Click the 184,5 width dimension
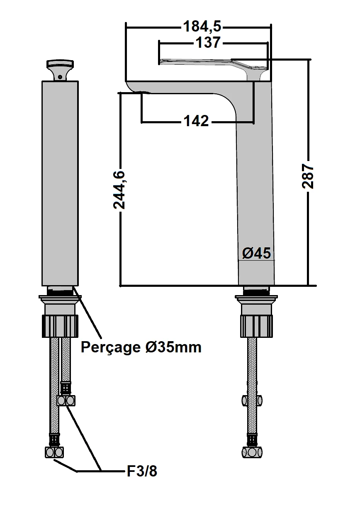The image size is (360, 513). (202, 27)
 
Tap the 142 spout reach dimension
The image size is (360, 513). (196, 121)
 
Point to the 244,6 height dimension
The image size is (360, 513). (120, 189)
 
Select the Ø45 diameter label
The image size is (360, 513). (256, 253)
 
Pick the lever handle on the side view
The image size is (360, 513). (212, 62)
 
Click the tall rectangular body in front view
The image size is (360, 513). (60, 183)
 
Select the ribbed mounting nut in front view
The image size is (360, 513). (60, 325)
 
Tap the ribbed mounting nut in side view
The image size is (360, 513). (257, 325)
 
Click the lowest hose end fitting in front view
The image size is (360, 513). (54, 452)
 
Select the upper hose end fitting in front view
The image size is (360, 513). (66, 401)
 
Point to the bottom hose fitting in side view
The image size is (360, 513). (252, 452)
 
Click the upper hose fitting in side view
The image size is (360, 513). (253, 401)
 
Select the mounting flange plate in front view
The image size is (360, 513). (60, 297)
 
